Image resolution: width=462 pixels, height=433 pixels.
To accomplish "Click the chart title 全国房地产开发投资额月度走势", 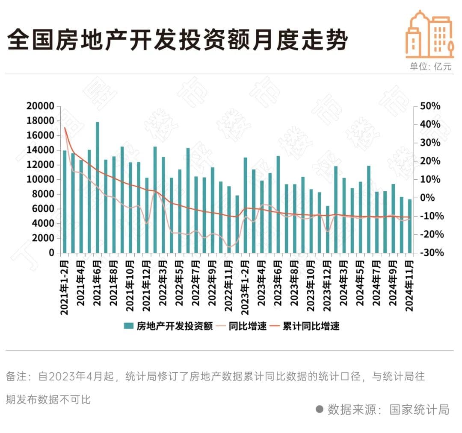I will coord(178,41).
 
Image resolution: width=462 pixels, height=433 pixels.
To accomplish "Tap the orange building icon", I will coord(429,35).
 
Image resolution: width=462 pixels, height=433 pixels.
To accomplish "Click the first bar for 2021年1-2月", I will coord(65,201).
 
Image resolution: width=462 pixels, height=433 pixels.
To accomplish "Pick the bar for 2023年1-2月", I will coord(246,205).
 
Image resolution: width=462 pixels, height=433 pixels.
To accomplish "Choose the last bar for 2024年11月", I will coord(410,226).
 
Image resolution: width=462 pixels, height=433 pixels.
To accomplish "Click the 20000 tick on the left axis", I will coord(40,106).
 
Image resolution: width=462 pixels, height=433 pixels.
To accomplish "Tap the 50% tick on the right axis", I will coord(429,106).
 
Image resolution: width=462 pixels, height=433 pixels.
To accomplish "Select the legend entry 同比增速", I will coord(248,326).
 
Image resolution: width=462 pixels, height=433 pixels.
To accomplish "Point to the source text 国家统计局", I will coord(419,410).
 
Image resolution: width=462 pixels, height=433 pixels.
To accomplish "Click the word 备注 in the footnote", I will coord(16,377).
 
